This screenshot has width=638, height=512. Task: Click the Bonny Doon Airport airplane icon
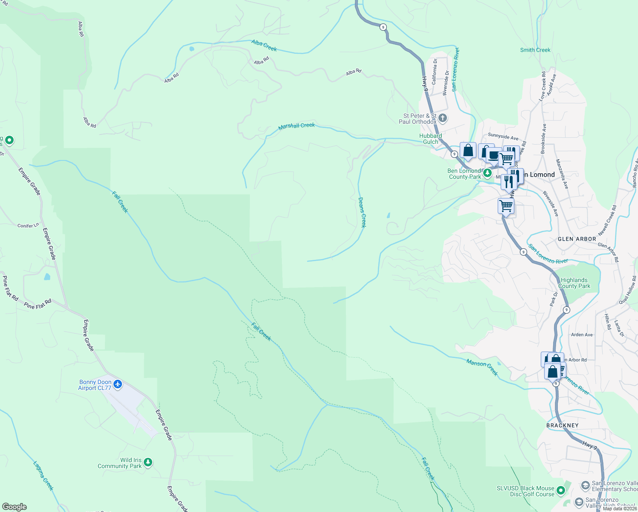[x=118, y=385]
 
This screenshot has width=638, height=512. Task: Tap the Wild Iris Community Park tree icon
[x=148, y=463]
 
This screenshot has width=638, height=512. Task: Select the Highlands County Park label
[x=574, y=283]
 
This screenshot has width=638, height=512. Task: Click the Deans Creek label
[x=362, y=212]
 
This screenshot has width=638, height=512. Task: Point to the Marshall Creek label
[x=296, y=126]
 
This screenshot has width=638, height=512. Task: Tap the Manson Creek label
[x=482, y=367]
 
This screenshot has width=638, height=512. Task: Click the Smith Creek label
[x=535, y=50]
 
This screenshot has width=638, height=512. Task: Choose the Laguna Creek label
[x=43, y=475]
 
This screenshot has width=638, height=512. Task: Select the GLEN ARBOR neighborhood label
[x=577, y=239]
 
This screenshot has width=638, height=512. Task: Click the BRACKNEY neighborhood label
[x=563, y=425]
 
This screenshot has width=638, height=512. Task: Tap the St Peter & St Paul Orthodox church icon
[x=443, y=118]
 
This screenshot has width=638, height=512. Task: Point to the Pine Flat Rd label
[x=38, y=304]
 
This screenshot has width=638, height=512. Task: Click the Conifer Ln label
[x=28, y=225]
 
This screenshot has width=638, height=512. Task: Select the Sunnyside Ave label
[x=503, y=137]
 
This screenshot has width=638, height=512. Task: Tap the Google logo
[x=14, y=507]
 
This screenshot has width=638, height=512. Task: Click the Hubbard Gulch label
[x=430, y=139]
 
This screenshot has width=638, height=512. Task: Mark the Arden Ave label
[x=582, y=335]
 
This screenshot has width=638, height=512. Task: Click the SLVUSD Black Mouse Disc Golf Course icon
[x=561, y=491]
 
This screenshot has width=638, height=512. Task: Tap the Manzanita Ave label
[x=562, y=174]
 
